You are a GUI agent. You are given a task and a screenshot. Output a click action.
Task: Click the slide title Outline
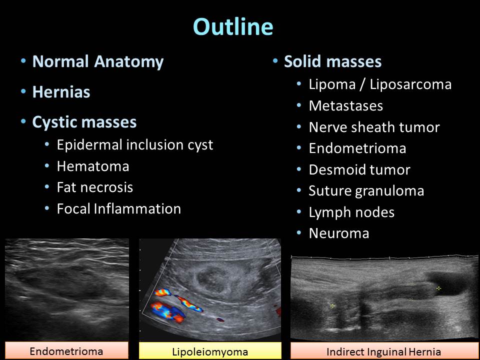[x=233, y=26]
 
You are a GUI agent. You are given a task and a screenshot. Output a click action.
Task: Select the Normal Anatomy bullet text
[x=98, y=62]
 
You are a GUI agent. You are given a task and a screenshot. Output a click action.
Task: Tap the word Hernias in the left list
[x=61, y=92]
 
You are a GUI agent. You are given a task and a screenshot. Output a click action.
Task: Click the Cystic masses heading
[x=84, y=122]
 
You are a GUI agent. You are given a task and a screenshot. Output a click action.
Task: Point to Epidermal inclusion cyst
[x=135, y=145]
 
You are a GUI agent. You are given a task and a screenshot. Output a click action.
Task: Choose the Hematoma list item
[x=93, y=166]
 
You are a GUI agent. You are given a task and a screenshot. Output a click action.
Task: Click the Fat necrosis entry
[x=95, y=187]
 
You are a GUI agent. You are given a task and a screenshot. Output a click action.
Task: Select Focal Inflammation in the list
[x=119, y=209]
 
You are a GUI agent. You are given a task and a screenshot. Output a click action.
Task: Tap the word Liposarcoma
[x=410, y=84]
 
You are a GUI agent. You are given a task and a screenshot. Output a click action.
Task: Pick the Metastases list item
[x=346, y=106]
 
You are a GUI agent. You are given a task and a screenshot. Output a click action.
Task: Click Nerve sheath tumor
[x=374, y=127]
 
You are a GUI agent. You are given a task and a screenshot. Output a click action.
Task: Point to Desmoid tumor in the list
[x=359, y=169]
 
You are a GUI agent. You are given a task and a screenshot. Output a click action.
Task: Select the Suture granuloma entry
[x=366, y=191]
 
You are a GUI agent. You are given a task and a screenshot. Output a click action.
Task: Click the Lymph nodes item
[x=351, y=212]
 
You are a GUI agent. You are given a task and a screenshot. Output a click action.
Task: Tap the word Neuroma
[x=339, y=233]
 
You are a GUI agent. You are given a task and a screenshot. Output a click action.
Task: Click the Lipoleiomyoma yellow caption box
[x=210, y=351]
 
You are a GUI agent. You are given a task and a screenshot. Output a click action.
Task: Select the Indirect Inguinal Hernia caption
[x=384, y=351]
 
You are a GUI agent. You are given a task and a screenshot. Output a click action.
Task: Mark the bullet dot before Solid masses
[x=275, y=60]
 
